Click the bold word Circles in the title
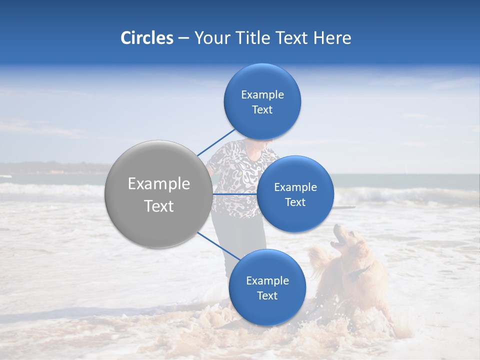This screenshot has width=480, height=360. (x=146, y=38)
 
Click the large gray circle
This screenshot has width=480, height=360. (x=158, y=194)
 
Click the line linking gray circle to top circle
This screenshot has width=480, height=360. (x=216, y=142)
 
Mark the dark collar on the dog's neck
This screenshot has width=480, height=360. (x=359, y=273)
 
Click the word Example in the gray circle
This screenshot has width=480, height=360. (x=159, y=184)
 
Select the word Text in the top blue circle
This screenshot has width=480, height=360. (x=262, y=110)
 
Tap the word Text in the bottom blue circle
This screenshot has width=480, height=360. (x=267, y=295)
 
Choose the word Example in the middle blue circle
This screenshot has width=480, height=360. (x=295, y=187)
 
